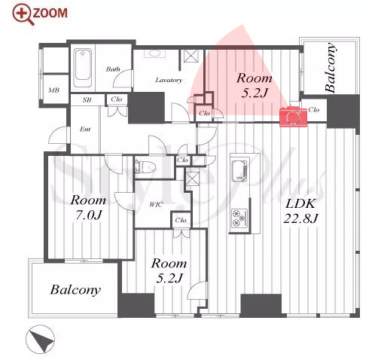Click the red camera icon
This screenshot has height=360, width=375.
point(293,117)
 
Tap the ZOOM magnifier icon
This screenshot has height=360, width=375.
point(23,14)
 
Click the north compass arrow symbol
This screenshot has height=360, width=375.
point(41,340)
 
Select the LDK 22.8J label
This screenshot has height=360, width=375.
point(300,211)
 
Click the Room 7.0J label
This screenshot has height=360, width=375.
point(88,207)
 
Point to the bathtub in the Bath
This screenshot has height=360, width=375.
point(83,68)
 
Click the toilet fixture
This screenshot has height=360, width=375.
point(145,166)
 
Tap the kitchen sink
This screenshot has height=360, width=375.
point(239,171)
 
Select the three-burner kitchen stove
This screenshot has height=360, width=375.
point(239,217)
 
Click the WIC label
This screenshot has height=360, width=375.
point(156,205)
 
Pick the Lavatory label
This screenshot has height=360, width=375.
point(169,80)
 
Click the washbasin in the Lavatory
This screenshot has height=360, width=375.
point(153,53)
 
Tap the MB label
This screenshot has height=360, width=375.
point(54,90)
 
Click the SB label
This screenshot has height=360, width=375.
point(87,99)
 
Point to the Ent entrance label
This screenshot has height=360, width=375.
point(85,129)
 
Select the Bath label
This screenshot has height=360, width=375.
point(113,69)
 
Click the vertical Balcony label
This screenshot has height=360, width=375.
point(331,67)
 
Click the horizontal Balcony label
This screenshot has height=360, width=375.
point(75,290)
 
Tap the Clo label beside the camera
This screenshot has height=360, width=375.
point(314,110)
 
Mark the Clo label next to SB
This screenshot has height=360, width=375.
point(117,99)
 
